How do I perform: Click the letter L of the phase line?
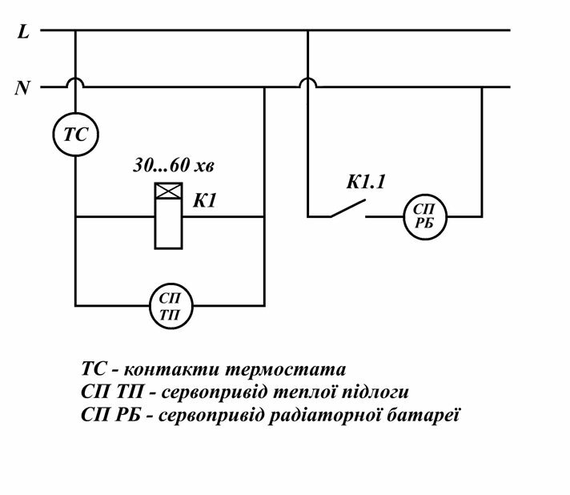coord(23,32)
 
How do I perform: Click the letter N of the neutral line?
coord(22,87)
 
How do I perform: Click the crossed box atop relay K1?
coord(167,191)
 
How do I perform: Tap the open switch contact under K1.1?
coord(346,210)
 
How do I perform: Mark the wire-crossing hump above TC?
coord(75,82)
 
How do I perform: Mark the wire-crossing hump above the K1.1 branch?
coord(307,82)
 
